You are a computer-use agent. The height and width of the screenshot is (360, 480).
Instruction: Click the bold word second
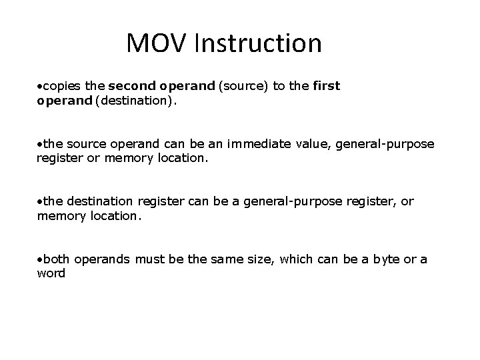tap(129, 86)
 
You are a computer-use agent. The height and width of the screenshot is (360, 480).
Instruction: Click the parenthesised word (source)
tap(237, 86)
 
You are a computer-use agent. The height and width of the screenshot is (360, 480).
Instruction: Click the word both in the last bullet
tap(56, 259)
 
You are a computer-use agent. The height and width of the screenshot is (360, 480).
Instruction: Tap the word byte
tap(388, 259)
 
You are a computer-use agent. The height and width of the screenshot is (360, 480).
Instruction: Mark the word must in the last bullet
tap(149, 259)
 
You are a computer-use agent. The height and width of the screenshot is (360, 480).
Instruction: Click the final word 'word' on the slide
tap(51, 273)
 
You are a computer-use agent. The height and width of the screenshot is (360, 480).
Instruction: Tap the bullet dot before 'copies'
tap(39, 87)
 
